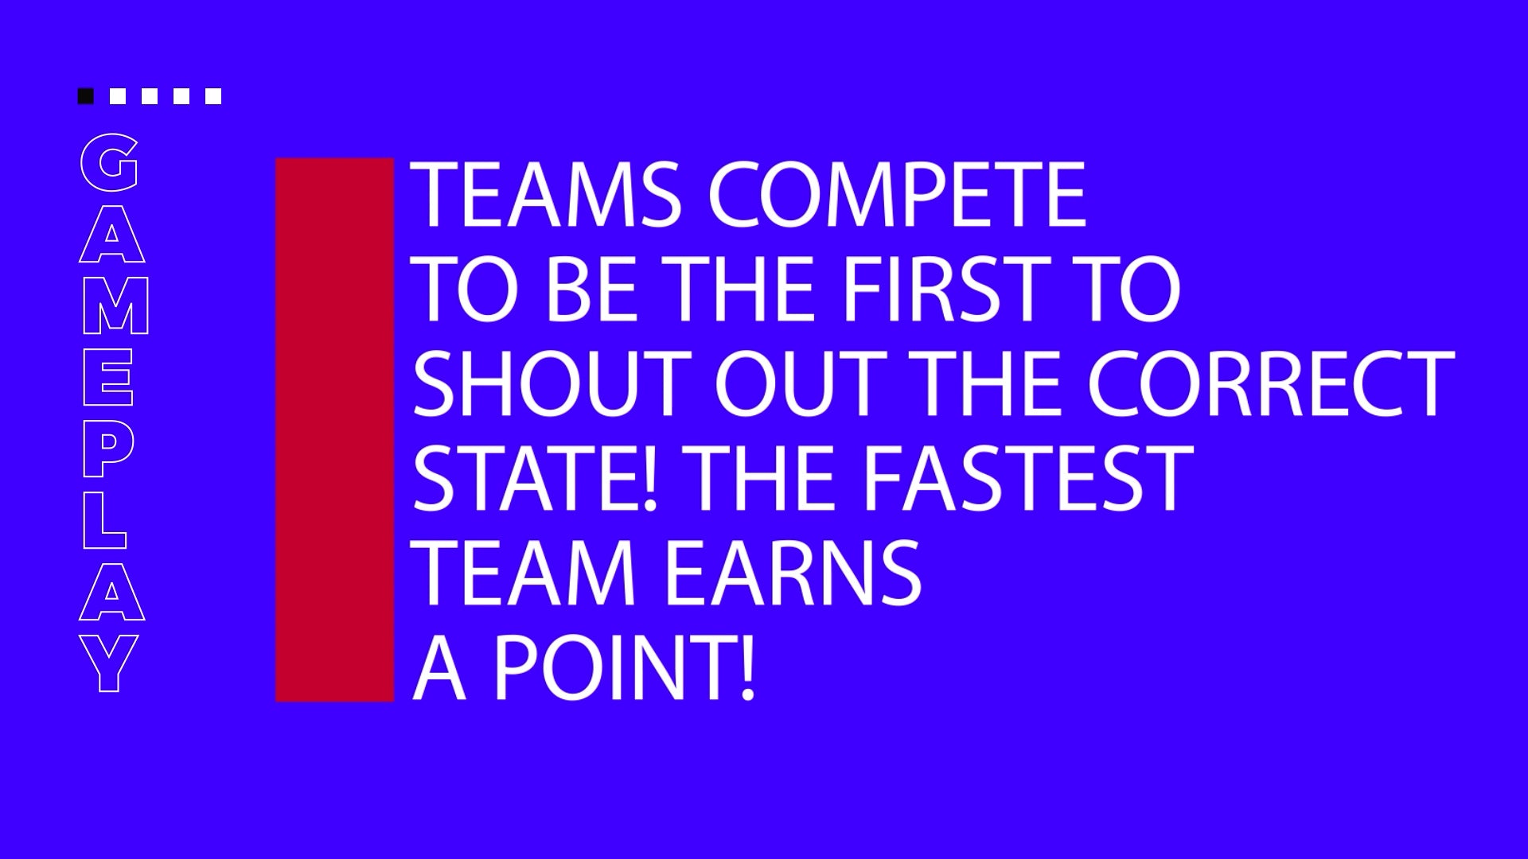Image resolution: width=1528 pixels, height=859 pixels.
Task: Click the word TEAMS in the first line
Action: pos(545,194)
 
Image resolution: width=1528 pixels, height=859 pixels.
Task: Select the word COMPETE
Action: pos(897,194)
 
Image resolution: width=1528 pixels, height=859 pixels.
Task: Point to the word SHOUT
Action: pos(552,383)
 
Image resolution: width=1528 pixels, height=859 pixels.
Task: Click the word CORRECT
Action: pos(1271,383)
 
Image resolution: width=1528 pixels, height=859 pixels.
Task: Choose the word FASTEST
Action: pos(1029,478)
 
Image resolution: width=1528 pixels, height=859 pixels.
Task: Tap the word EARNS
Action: pos(793,573)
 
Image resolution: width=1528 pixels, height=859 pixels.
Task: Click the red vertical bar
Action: pos(334,429)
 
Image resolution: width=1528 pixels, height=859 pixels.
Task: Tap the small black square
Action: pos(85,96)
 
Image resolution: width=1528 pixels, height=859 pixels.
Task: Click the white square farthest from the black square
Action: pos(212,96)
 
